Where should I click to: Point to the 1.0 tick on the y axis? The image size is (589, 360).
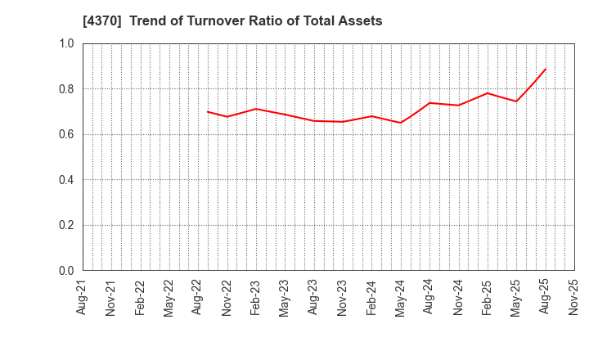click(x=65, y=43)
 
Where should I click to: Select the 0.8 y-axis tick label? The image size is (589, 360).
click(x=65, y=89)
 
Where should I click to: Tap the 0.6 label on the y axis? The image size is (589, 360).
click(x=65, y=134)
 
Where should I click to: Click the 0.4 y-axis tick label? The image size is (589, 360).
click(x=65, y=180)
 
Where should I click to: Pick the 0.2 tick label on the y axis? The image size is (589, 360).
click(x=65, y=225)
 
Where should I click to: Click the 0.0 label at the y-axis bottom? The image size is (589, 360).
click(x=65, y=271)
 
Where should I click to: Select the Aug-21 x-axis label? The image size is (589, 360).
click(x=83, y=297)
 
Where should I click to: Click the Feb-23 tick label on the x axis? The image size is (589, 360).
click(x=256, y=297)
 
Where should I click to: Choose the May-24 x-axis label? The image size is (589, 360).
click(x=400, y=297)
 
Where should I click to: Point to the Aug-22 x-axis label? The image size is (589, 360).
click(x=198, y=297)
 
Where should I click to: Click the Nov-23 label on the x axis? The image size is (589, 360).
click(x=342, y=297)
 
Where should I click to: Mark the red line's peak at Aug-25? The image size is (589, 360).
click(x=545, y=69)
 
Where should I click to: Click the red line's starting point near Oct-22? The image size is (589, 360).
click(x=208, y=111)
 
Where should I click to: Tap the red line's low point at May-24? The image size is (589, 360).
click(x=400, y=123)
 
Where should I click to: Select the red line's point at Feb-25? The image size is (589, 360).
click(x=487, y=92)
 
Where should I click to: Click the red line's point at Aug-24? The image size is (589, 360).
click(x=429, y=102)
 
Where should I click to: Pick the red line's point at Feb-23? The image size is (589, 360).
click(x=256, y=109)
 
